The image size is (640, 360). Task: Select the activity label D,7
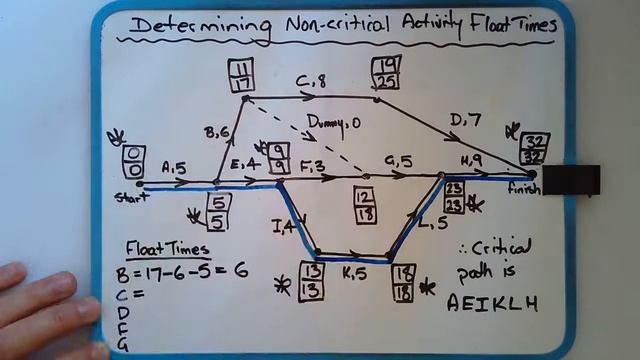pos(464,121)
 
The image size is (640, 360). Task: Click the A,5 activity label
pos(173,169)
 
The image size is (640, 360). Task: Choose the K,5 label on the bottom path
pos(354,272)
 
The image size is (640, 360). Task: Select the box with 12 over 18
pos(363,205)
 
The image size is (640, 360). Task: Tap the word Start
pos(128,195)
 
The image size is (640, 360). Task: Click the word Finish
pos(523,188)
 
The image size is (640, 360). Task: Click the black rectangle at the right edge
pos(571,180)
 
